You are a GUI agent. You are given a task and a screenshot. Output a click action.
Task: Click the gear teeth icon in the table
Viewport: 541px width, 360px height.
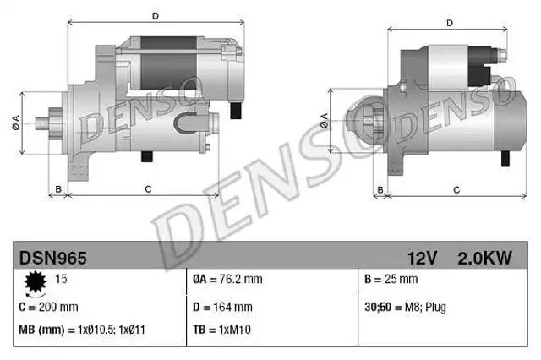(36, 281)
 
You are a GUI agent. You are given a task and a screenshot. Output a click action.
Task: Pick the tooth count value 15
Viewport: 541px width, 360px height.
(60, 279)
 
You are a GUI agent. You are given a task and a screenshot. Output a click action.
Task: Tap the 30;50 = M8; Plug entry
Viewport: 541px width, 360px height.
(403, 307)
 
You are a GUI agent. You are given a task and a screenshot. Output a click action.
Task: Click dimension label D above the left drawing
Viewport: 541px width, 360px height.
(155, 15)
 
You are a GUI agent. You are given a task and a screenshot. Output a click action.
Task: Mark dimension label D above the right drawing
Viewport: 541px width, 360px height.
(450, 23)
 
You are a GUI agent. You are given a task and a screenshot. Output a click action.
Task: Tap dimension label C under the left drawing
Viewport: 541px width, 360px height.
(148, 188)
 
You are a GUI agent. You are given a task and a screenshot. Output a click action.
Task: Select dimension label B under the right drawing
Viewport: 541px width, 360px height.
(380, 188)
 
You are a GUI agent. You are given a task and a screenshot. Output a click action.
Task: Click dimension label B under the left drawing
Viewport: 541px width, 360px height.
(57, 188)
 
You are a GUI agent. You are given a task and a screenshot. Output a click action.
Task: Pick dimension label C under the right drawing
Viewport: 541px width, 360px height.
(456, 188)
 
